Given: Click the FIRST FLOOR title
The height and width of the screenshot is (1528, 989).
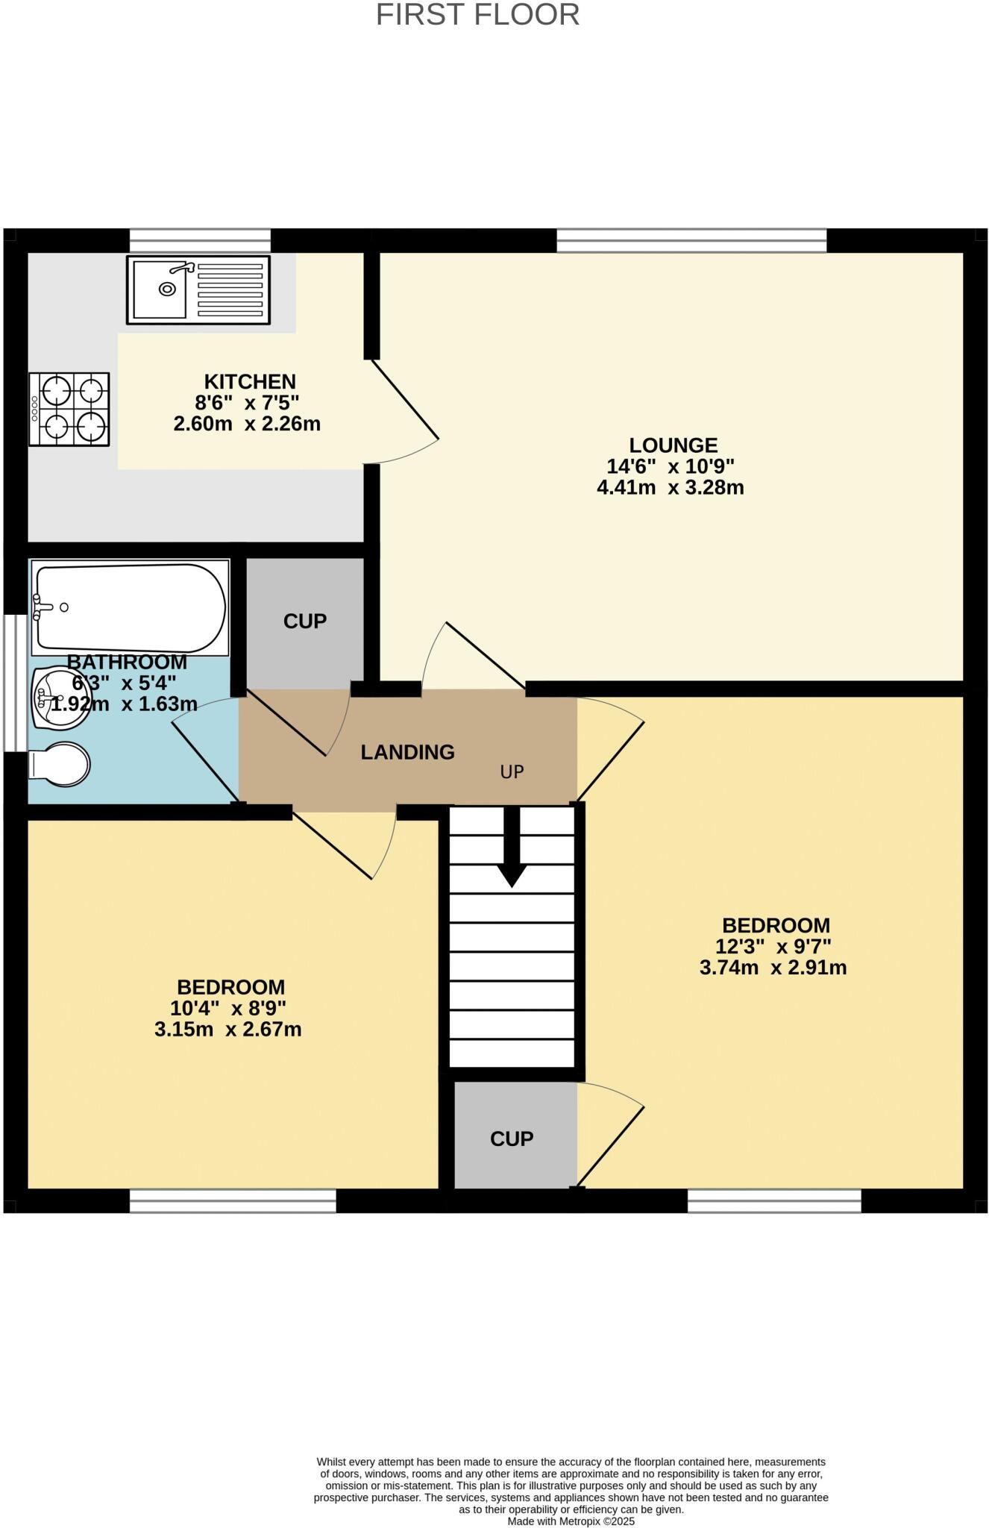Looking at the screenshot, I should pos(477,15).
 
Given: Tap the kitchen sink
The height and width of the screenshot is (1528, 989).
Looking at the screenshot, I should pos(198,289).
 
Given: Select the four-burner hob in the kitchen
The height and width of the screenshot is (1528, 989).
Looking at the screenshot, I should pos(69,410).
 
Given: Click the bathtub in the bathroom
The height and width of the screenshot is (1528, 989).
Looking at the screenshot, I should pos(130,607).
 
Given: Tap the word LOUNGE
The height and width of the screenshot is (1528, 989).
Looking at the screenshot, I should pos(673,445).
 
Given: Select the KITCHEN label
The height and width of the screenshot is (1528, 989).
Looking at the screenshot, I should pos(250,382).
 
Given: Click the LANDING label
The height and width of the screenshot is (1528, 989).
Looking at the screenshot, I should pos(407,752).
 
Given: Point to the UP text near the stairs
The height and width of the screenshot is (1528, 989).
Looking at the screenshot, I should pos(512,772).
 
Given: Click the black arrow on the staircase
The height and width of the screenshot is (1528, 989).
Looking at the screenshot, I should pos(512,847).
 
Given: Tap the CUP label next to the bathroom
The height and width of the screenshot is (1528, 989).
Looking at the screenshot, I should pos(304,621).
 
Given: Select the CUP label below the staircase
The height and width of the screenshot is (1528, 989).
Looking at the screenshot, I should pos(512,1139).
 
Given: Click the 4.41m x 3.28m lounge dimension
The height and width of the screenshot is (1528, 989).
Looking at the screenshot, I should pos(670,488).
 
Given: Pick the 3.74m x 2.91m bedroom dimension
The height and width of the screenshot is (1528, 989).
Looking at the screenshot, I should pos(773,968).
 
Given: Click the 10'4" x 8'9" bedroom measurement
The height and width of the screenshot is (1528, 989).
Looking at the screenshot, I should pos(228,1009).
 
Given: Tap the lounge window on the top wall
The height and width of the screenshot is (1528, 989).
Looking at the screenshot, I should pos(691,241).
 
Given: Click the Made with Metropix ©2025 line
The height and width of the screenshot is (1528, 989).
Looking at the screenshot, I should pos(571,1521).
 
